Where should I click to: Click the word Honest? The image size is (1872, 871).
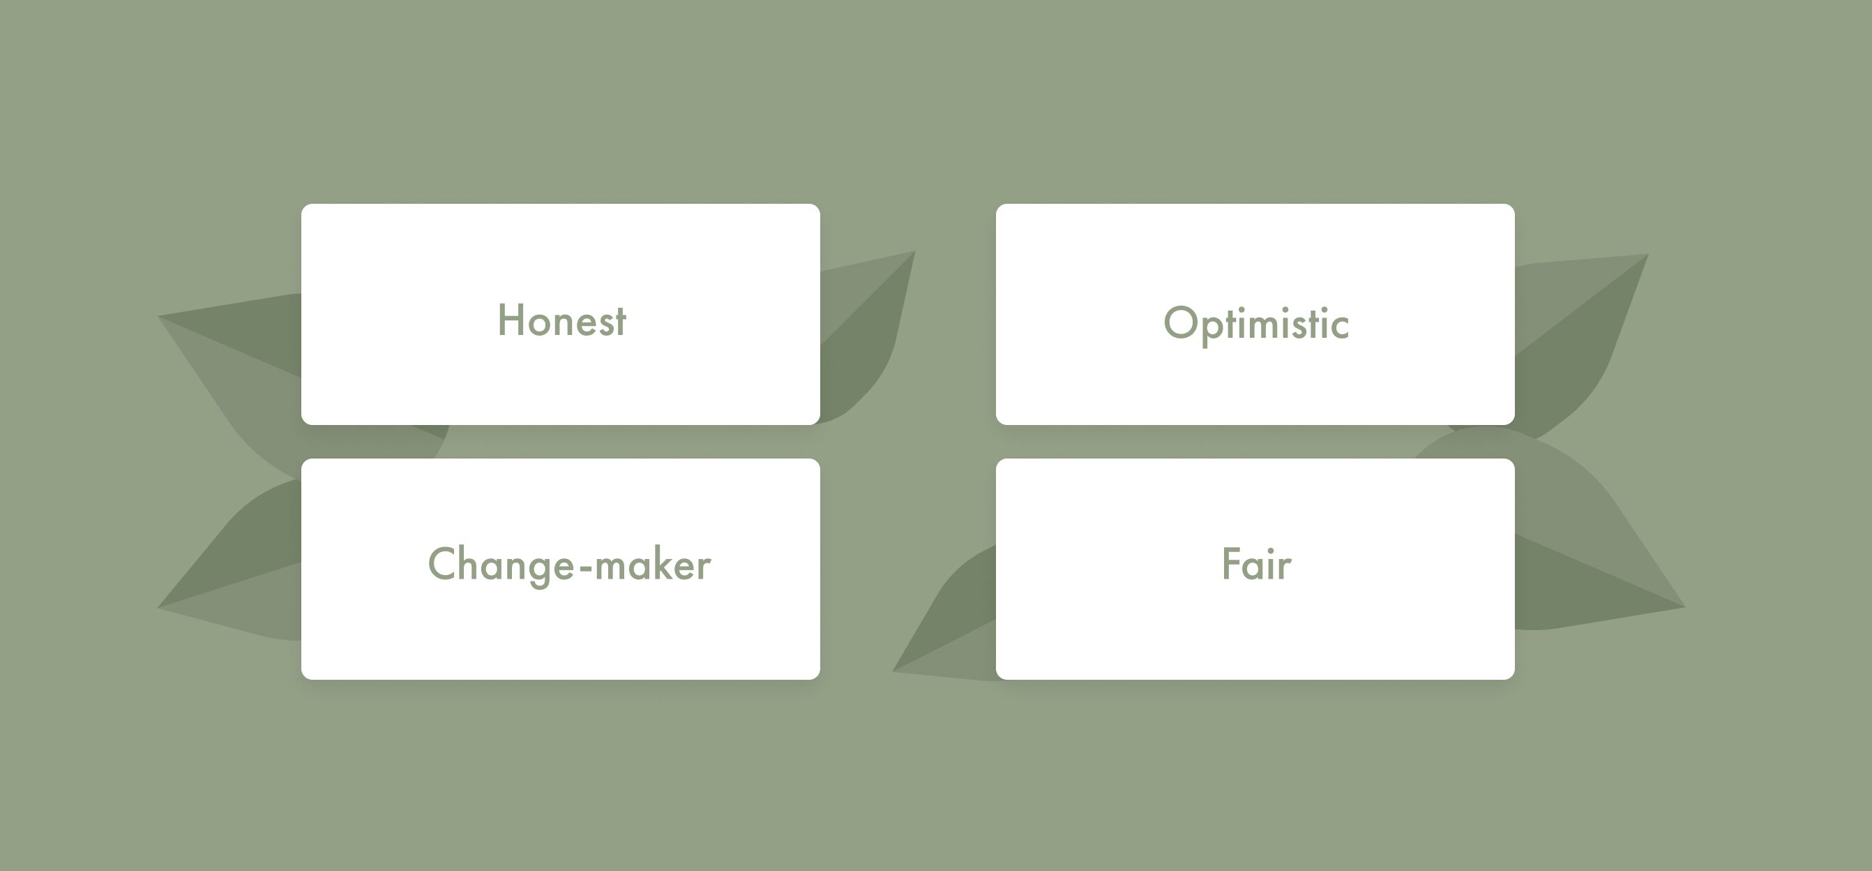point(561,320)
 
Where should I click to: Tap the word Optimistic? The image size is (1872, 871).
point(1255,324)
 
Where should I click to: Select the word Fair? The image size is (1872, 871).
point(1255,564)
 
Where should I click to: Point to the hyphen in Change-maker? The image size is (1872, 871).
point(585,567)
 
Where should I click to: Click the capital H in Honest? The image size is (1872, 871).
point(511,320)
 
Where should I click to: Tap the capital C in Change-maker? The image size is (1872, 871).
point(443,563)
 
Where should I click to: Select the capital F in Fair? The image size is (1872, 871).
point(1230,564)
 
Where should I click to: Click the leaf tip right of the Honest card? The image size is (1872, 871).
point(913,253)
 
